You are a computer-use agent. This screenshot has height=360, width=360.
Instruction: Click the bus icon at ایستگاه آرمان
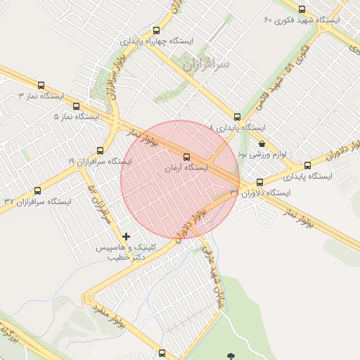tap(186, 157)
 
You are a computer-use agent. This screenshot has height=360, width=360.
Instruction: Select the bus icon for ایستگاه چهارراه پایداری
tap(156, 30)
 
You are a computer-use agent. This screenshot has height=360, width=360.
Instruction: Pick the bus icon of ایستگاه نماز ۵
tap(76, 106)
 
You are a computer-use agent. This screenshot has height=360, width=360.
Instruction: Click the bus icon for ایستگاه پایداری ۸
tap(237, 117)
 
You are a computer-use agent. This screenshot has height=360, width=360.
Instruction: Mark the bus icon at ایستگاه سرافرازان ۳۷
tap(37, 191)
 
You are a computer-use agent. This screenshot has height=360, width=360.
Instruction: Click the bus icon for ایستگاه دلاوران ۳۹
tap(259, 182)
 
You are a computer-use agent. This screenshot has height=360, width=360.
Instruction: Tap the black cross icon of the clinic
tap(127, 236)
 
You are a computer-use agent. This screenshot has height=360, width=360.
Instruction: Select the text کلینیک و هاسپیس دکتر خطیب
tap(121, 252)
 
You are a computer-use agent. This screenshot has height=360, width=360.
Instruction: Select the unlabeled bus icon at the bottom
tap(162, 353)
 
